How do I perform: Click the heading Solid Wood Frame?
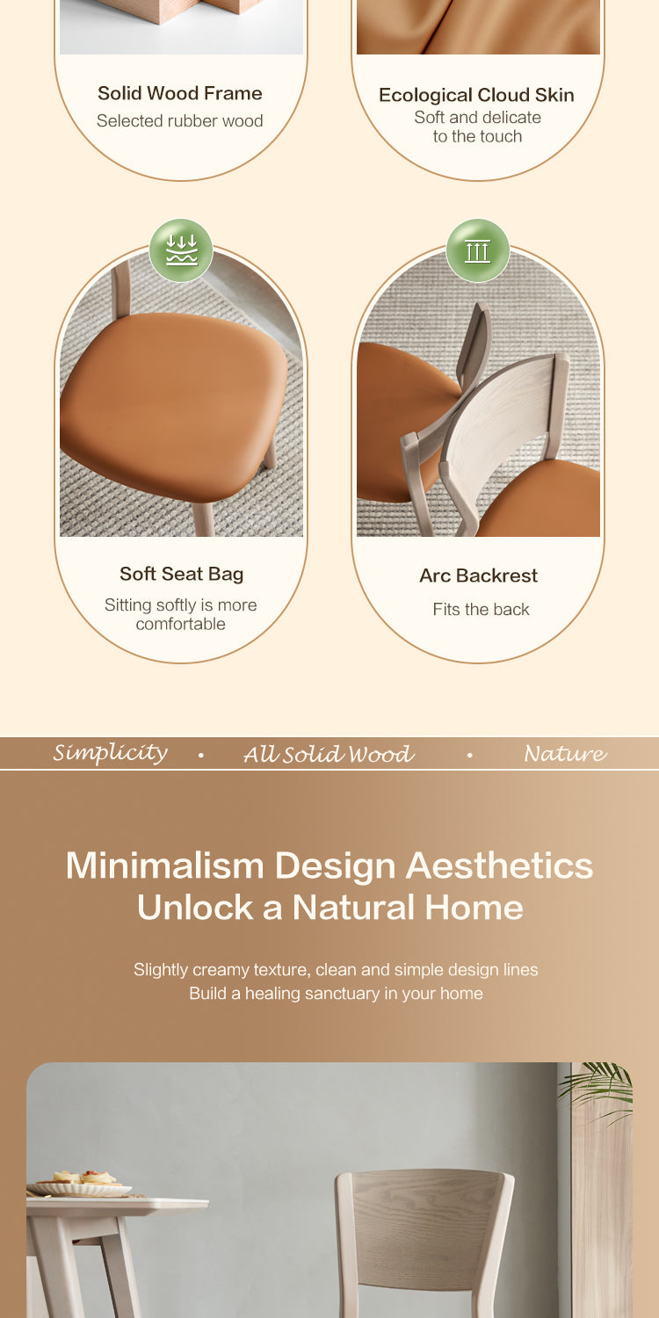pos(180,93)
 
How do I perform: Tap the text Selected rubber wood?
pos(179,120)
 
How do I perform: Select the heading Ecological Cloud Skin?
pos(476,95)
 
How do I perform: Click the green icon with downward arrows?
pos(181,250)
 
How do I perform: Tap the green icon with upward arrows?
pos(478,250)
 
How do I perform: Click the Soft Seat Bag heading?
pos(181,574)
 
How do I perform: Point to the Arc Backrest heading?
pos(478,576)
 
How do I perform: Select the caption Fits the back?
pos(481,609)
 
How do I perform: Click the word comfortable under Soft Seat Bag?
pos(181,624)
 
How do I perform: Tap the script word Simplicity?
pos(111,752)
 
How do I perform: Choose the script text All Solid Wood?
pos(329,754)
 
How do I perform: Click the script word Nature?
pos(566,753)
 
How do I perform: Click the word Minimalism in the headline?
pos(165,865)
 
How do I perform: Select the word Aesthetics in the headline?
pos(500,865)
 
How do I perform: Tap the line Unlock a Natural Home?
pos(330,907)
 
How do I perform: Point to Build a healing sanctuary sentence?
pos(336,993)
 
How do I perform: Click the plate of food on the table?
pos(79,1184)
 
